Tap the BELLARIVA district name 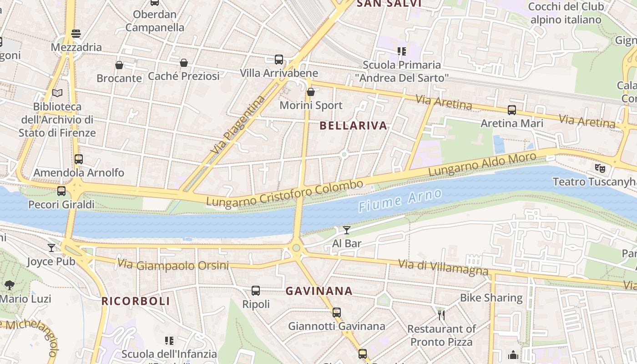(x=353, y=126)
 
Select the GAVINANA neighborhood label (x=319, y=291)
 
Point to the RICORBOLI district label (x=136, y=301)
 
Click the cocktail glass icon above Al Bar (x=347, y=230)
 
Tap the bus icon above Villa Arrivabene (x=279, y=60)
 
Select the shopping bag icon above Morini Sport (x=311, y=92)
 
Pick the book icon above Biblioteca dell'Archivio (x=57, y=93)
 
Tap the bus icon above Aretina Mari (x=512, y=110)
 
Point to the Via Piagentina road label (x=238, y=124)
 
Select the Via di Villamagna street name (x=443, y=267)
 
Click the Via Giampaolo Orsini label (x=173, y=264)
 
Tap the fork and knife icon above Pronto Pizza (x=441, y=315)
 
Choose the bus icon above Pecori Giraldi (x=61, y=191)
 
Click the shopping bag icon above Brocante (x=119, y=65)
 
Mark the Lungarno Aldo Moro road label (x=482, y=165)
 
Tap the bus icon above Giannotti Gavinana (x=337, y=313)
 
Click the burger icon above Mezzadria (x=76, y=34)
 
